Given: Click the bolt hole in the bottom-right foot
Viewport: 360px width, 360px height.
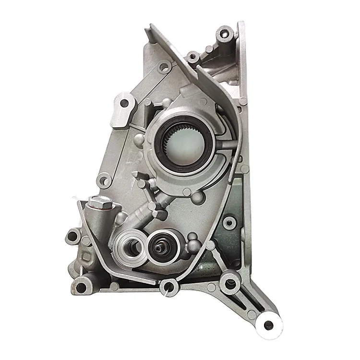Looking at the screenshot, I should pos(268,325).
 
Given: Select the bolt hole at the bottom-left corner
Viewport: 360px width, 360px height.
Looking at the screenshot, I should pos(81,288).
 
